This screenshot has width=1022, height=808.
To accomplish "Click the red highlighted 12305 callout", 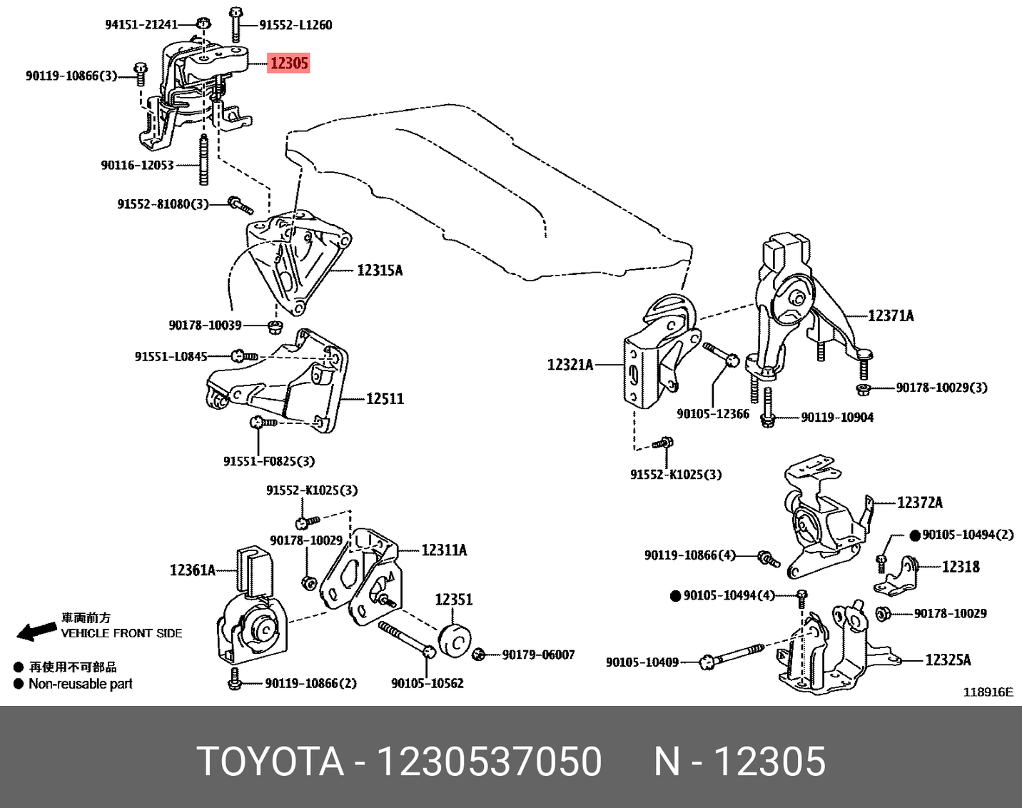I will click(x=288, y=63).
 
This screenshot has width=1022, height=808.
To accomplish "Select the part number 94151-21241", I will click(x=141, y=24).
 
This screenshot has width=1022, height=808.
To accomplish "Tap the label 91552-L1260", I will click(x=295, y=25).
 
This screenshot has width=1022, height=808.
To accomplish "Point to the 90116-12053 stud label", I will click(x=137, y=166).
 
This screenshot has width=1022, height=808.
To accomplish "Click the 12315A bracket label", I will click(x=380, y=271).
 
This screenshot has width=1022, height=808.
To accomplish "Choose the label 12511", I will click(x=385, y=399).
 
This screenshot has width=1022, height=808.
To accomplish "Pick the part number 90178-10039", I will click(x=205, y=325).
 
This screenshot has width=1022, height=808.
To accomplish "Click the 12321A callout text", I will click(x=570, y=365).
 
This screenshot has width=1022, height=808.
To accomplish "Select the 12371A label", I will click(x=890, y=315).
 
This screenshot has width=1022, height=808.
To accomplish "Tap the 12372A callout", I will click(x=919, y=503).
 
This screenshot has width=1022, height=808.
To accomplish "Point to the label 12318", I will click(x=961, y=567).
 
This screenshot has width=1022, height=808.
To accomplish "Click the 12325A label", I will click(x=948, y=660).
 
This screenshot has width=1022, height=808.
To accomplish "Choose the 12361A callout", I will click(x=192, y=570).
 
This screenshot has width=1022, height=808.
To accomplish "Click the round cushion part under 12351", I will click(x=453, y=639).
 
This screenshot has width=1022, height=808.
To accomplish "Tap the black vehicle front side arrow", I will click(x=36, y=630).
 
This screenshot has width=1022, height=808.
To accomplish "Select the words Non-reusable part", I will click(x=81, y=684).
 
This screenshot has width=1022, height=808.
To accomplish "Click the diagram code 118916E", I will click(x=988, y=692).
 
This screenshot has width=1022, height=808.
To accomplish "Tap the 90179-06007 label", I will click(x=538, y=655).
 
